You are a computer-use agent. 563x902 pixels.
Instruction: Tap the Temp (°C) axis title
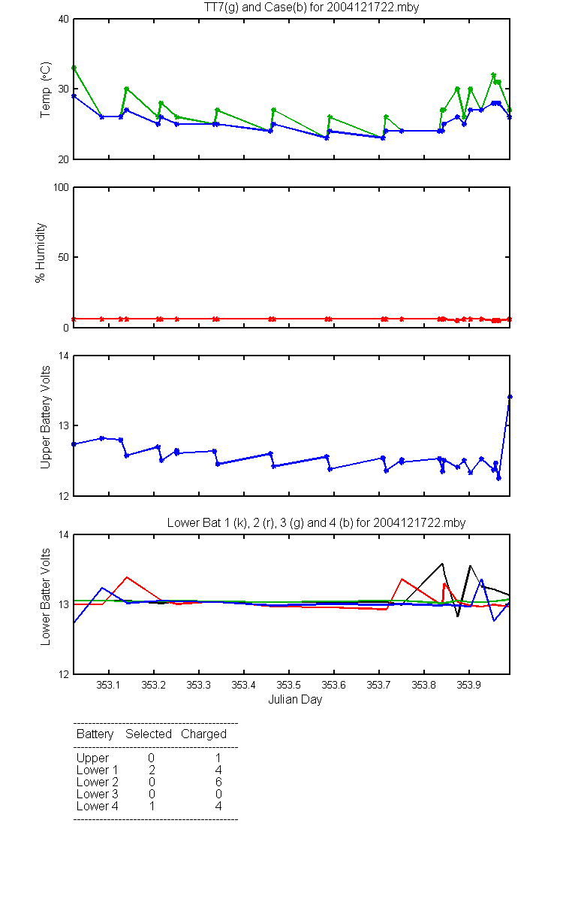[x=46, y=89]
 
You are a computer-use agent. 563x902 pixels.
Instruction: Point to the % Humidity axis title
[x=41, y=253]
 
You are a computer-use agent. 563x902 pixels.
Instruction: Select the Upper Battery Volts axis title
[x=46, y=417]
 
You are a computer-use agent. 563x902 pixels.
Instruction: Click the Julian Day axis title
[x=295, y=700]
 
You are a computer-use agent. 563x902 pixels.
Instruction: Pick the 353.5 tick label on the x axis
[x=289, y=685]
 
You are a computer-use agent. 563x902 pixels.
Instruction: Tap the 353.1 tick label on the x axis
[x=108, y=685]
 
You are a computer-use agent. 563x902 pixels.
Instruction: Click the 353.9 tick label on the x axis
[x=469, y=685]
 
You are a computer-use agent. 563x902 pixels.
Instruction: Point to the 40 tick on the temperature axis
[x=64, y=19]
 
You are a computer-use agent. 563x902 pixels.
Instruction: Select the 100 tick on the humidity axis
[x=61, y=187]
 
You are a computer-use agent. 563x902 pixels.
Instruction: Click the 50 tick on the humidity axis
[x=64, y=257]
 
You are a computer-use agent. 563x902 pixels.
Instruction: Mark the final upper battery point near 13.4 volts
[x=510, y=397]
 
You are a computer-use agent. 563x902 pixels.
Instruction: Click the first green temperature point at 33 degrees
[x=74, y=68]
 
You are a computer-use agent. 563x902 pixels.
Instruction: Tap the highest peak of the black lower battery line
[x=442, y=564]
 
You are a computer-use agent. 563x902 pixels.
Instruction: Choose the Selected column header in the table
[x=149, y=734]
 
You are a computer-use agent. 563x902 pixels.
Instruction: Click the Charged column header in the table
[x=203, y=734]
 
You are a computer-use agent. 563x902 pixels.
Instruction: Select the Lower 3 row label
[x=98, y=794]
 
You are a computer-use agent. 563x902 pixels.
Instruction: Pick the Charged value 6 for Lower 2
[x=218, y=782]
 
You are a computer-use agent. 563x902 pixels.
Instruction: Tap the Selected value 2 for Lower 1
[x=152, y=770]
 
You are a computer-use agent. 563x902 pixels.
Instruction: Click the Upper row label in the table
[x=92, y=758]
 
